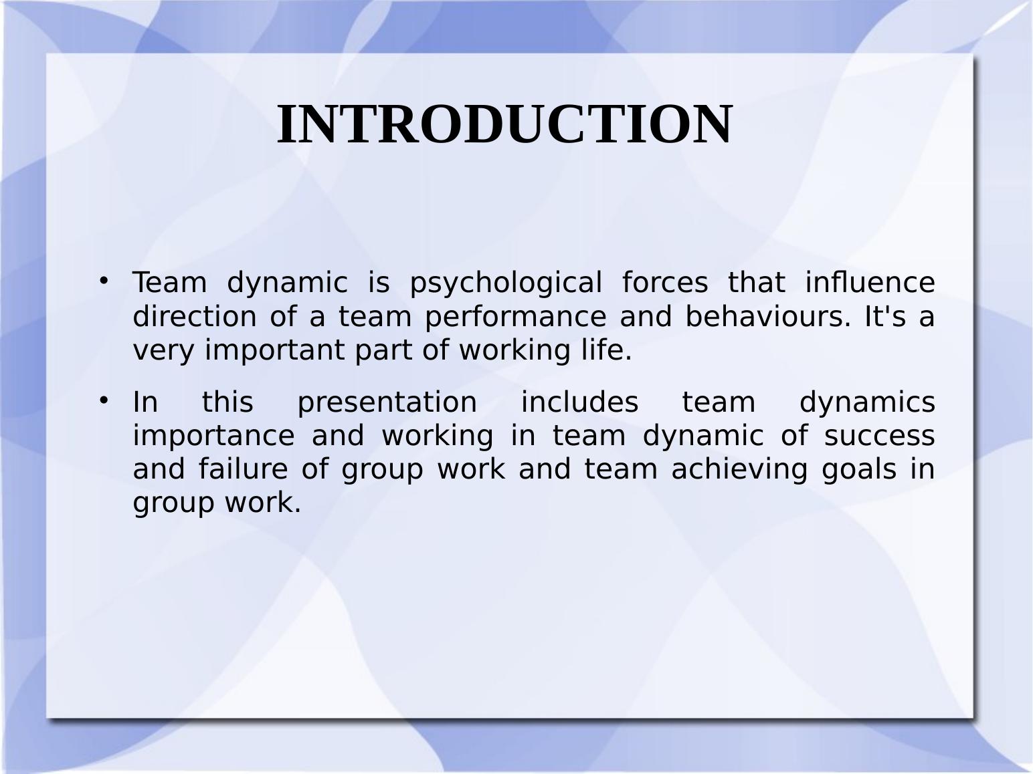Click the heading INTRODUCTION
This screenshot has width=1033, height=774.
tap(505, 124)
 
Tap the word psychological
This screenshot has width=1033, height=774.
tap(506, 283)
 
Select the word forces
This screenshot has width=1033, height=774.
tap(664, 283)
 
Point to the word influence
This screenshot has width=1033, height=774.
tap(870, 283)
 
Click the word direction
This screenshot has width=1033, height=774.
tap(195, 316)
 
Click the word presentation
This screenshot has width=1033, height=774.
tap(387, 402)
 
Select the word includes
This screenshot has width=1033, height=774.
tap(579, 402)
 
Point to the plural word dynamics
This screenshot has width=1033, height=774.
tap(867, 402)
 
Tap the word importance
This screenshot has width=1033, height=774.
tap(213, 436)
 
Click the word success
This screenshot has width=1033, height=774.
tap(879, 436)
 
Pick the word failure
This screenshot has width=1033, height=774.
tap(244, 469)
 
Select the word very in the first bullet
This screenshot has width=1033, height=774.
tap(165, 350)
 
